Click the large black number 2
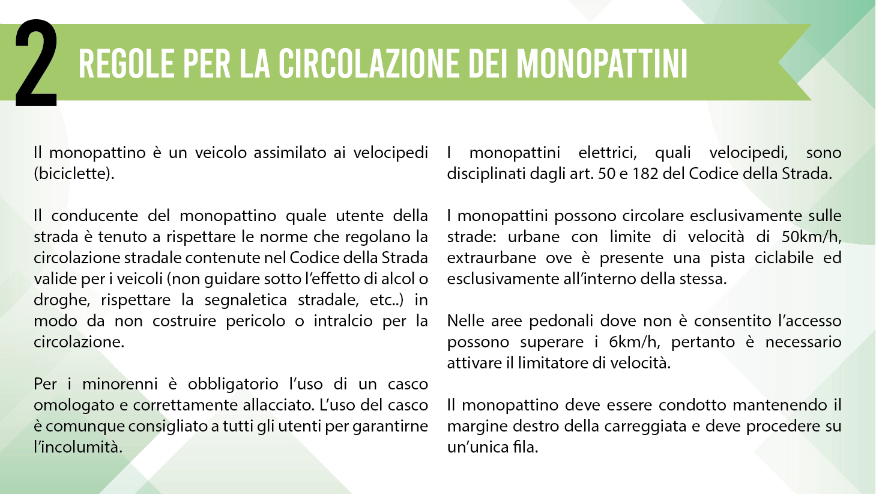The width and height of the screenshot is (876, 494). (x=36, y=63)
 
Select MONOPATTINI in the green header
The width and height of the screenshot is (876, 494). (x=602, y=63)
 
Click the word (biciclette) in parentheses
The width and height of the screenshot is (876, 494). (x=74, y=174)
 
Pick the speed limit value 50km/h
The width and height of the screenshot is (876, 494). (x=811, y=237)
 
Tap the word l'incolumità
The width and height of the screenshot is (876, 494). (x=77, y=447)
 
